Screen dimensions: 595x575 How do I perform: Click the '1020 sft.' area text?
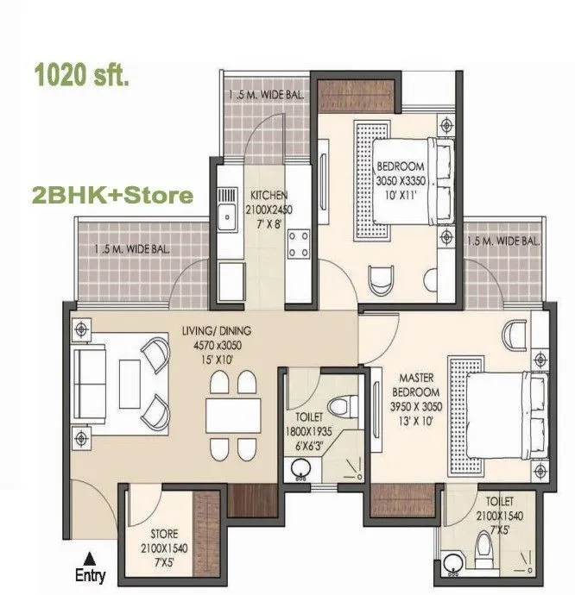click(x=81, y=76)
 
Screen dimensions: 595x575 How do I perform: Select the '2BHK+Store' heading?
click(x=112, y=195)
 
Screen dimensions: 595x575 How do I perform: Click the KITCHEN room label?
click(x=269, y=195)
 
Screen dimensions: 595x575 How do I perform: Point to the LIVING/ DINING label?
click(x=216, y=330)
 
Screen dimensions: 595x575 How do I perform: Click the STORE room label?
click(x=163, y=535)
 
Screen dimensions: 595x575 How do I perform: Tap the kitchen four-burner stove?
click(x=299, y=244)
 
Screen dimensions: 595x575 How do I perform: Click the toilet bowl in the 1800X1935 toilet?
click(x=347, y=404)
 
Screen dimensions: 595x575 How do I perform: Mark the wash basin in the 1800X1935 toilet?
click(x=300, y=471)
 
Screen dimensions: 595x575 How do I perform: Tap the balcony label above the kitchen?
click(x=266, y=94)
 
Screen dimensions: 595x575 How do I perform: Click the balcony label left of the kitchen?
click(x=132, y=249)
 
